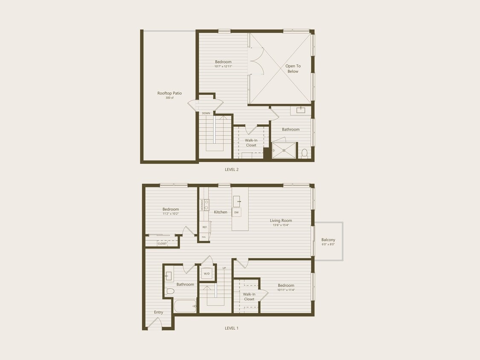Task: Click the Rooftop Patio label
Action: pos(169,93)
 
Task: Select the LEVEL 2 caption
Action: pos(232,169)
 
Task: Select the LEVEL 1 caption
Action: pos(232,328)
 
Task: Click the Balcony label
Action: pos(328,240)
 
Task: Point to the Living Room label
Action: pos(281,221)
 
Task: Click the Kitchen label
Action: pos(221,212)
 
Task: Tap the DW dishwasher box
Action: pos(236,212)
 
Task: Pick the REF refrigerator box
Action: pos(204,227)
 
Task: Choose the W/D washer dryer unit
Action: pos(207,273)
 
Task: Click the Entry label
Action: pos(159,312)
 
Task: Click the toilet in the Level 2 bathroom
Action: pos(305,153)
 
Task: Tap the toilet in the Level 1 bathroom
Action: pos(170,291)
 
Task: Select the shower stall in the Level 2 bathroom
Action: pos(284,151)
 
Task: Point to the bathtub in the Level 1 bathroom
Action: pos(185,306)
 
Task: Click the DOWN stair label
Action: pos(206,113)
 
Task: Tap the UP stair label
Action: pos(224,268)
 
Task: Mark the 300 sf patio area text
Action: pos(169,98)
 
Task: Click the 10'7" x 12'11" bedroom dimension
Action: pos(223,67)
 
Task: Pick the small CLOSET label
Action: pos(162,244)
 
